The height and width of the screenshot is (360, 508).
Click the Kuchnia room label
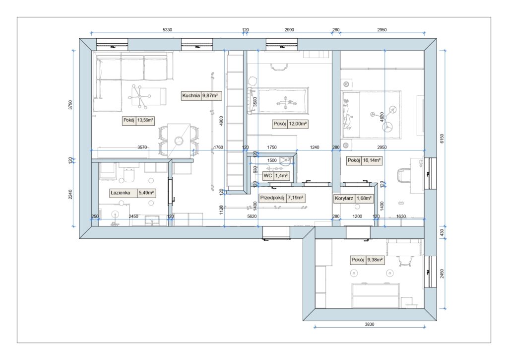(191, 96)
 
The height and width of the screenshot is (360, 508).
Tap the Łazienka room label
(120, 193)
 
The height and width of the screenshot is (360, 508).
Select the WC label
(267, 176)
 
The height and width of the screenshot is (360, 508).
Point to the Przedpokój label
(272, 198)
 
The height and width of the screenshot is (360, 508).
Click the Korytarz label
(344, 198)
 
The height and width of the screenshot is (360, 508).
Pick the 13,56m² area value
(145, 120)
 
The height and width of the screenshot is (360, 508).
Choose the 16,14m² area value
(372, 160)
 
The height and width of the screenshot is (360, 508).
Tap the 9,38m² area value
(375, 260)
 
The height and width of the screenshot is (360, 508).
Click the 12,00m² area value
(298, 124)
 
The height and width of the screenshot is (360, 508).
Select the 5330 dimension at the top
(167, 30)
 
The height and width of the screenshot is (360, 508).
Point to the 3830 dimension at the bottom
(369, 324)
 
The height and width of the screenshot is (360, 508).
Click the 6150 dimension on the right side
(442, 139)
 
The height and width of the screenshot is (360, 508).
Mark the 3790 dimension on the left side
(70, 105)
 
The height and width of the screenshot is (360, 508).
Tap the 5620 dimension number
(252, 216)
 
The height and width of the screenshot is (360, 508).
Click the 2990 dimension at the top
(289, 30)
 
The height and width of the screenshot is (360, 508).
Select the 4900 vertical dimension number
(221, 121)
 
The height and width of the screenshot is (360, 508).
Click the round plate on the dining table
(179, 141)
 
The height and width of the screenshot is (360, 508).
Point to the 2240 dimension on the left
(70, 194)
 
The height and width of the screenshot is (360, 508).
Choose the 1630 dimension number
(401, 216)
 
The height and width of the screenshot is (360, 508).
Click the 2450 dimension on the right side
(442, 274)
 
